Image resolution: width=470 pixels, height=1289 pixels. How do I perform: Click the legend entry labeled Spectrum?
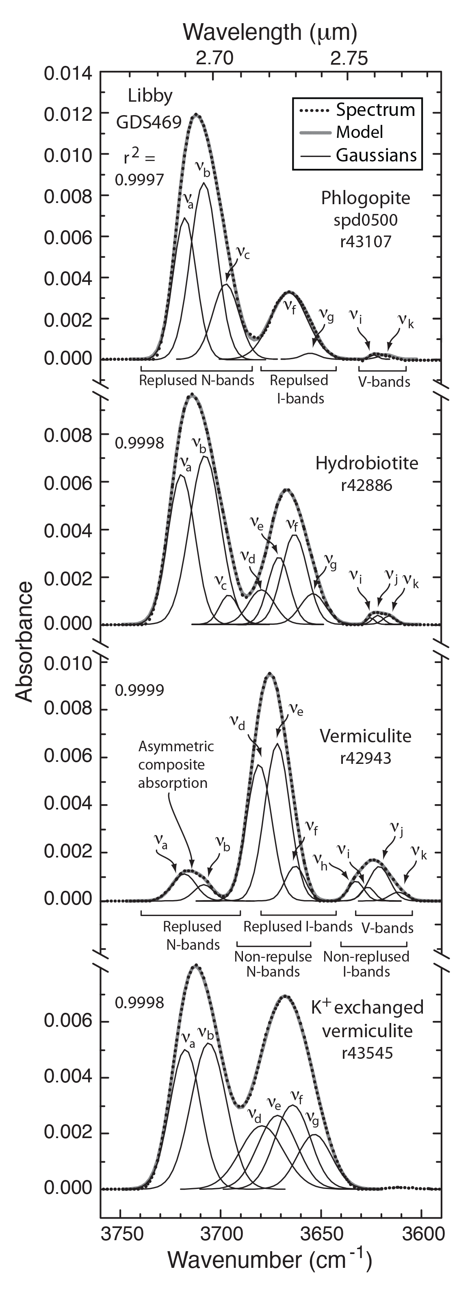click(375, 109)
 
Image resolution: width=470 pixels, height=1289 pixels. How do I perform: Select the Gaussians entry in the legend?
click(376, 155)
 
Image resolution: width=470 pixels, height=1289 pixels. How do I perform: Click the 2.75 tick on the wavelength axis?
click(349, 58)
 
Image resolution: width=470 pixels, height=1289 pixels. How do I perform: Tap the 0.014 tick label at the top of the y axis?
click(68, 74)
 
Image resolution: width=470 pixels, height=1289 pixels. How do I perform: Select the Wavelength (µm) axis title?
click(270, 32)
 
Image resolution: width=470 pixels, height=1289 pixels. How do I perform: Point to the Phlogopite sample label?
click(366, 198)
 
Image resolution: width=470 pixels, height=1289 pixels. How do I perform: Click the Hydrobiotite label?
click(366, 463)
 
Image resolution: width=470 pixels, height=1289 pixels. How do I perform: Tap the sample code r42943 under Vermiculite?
click(366, 758)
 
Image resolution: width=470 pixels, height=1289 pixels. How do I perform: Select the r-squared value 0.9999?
click(139, 690)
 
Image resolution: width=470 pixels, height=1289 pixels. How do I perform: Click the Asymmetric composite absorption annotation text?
click(175, 764)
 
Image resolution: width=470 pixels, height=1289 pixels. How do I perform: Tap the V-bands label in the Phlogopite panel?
click(384, 382)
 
